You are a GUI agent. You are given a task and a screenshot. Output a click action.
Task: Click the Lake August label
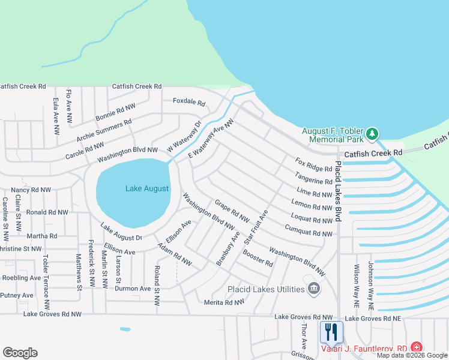tap(147, 188)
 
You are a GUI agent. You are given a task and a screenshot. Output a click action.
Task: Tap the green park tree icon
tap(372, 133)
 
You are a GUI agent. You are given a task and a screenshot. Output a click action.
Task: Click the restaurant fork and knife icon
tap(331, 332)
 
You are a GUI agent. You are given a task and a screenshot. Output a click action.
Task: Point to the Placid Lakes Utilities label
tap(266, 289)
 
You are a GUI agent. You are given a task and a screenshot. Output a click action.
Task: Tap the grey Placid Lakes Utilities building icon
tap(313, 289)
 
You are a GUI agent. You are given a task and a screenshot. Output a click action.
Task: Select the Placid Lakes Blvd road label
tap(338, 191)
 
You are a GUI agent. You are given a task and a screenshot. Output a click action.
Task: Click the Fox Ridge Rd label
tap(313, 165)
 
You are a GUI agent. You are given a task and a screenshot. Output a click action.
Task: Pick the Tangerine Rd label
tap(313, 178)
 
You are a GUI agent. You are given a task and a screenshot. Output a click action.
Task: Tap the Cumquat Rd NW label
tap(309, 230)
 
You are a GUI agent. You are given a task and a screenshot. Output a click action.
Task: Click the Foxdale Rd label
tap(189, 101)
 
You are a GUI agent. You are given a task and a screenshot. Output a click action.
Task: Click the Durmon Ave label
tap(133, 289)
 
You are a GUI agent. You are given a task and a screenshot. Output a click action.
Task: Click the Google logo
tap(20, 353)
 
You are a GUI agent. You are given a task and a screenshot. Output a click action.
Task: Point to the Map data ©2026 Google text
tap(412, 355)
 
